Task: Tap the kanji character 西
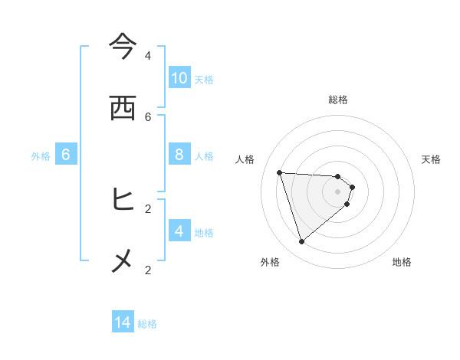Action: coord(123,108)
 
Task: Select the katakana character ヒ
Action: coord(123,200)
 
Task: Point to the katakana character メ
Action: coord(123,261)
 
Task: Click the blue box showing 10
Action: coord(179,77)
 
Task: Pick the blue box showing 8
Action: coord(179,155)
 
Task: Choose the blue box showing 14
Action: coord(123,322)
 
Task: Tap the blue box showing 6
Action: coord(66,155)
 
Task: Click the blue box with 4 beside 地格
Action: coord(179,231)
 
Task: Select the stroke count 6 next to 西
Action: coord(148,116)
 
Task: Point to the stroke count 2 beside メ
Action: coord(148,270)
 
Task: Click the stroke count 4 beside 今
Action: coord(148,55)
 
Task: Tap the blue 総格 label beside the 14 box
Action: coord(148,324)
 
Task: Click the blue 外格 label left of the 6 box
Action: coord(41,156)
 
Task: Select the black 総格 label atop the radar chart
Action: coord(338,100)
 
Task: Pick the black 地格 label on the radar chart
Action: coord(402,262)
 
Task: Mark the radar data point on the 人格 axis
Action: coord(279,172)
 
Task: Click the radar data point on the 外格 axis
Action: coord(301,242)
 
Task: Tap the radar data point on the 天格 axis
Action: coord(353,187)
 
